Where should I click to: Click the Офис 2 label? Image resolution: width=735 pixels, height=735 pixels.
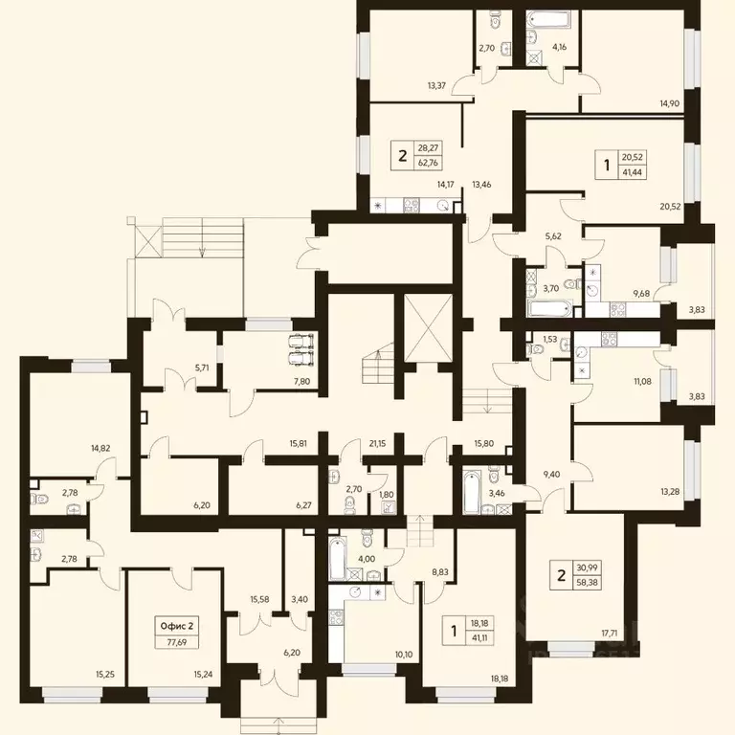(x=177, y=626)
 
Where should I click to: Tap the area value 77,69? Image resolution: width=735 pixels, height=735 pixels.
(x=177, y=642)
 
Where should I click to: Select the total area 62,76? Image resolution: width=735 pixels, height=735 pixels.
(x=428, y=163)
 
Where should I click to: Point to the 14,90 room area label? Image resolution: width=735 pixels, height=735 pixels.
(x=669, y=103)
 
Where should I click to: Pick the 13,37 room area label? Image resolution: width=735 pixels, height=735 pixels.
(x=436, y=86)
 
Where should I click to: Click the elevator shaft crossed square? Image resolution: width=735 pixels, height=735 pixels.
(x=428, y=328)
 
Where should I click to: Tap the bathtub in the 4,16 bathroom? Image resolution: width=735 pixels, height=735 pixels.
(x=548, y=19)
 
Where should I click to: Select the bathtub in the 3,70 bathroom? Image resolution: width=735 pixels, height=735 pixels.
(x=550, y=308)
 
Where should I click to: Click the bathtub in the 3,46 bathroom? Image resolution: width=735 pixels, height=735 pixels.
(x=472, y=491)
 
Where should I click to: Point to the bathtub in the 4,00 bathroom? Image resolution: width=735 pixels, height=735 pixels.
(x=338, y=559)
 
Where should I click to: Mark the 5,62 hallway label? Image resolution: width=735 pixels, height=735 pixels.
(x=553, y=236)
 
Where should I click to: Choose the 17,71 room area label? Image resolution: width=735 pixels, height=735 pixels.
(x=610, y=634)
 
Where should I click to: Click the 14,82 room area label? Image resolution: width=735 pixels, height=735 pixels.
(x=100, y=448)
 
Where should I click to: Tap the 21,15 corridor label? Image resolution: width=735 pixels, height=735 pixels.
(x=377, y=443)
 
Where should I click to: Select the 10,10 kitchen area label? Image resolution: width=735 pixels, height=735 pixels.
(x=404, y=655)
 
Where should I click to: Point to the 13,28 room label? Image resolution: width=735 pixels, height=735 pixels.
(x=670, y=492)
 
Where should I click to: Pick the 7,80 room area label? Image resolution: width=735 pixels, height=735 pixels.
(x=301, y=382)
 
